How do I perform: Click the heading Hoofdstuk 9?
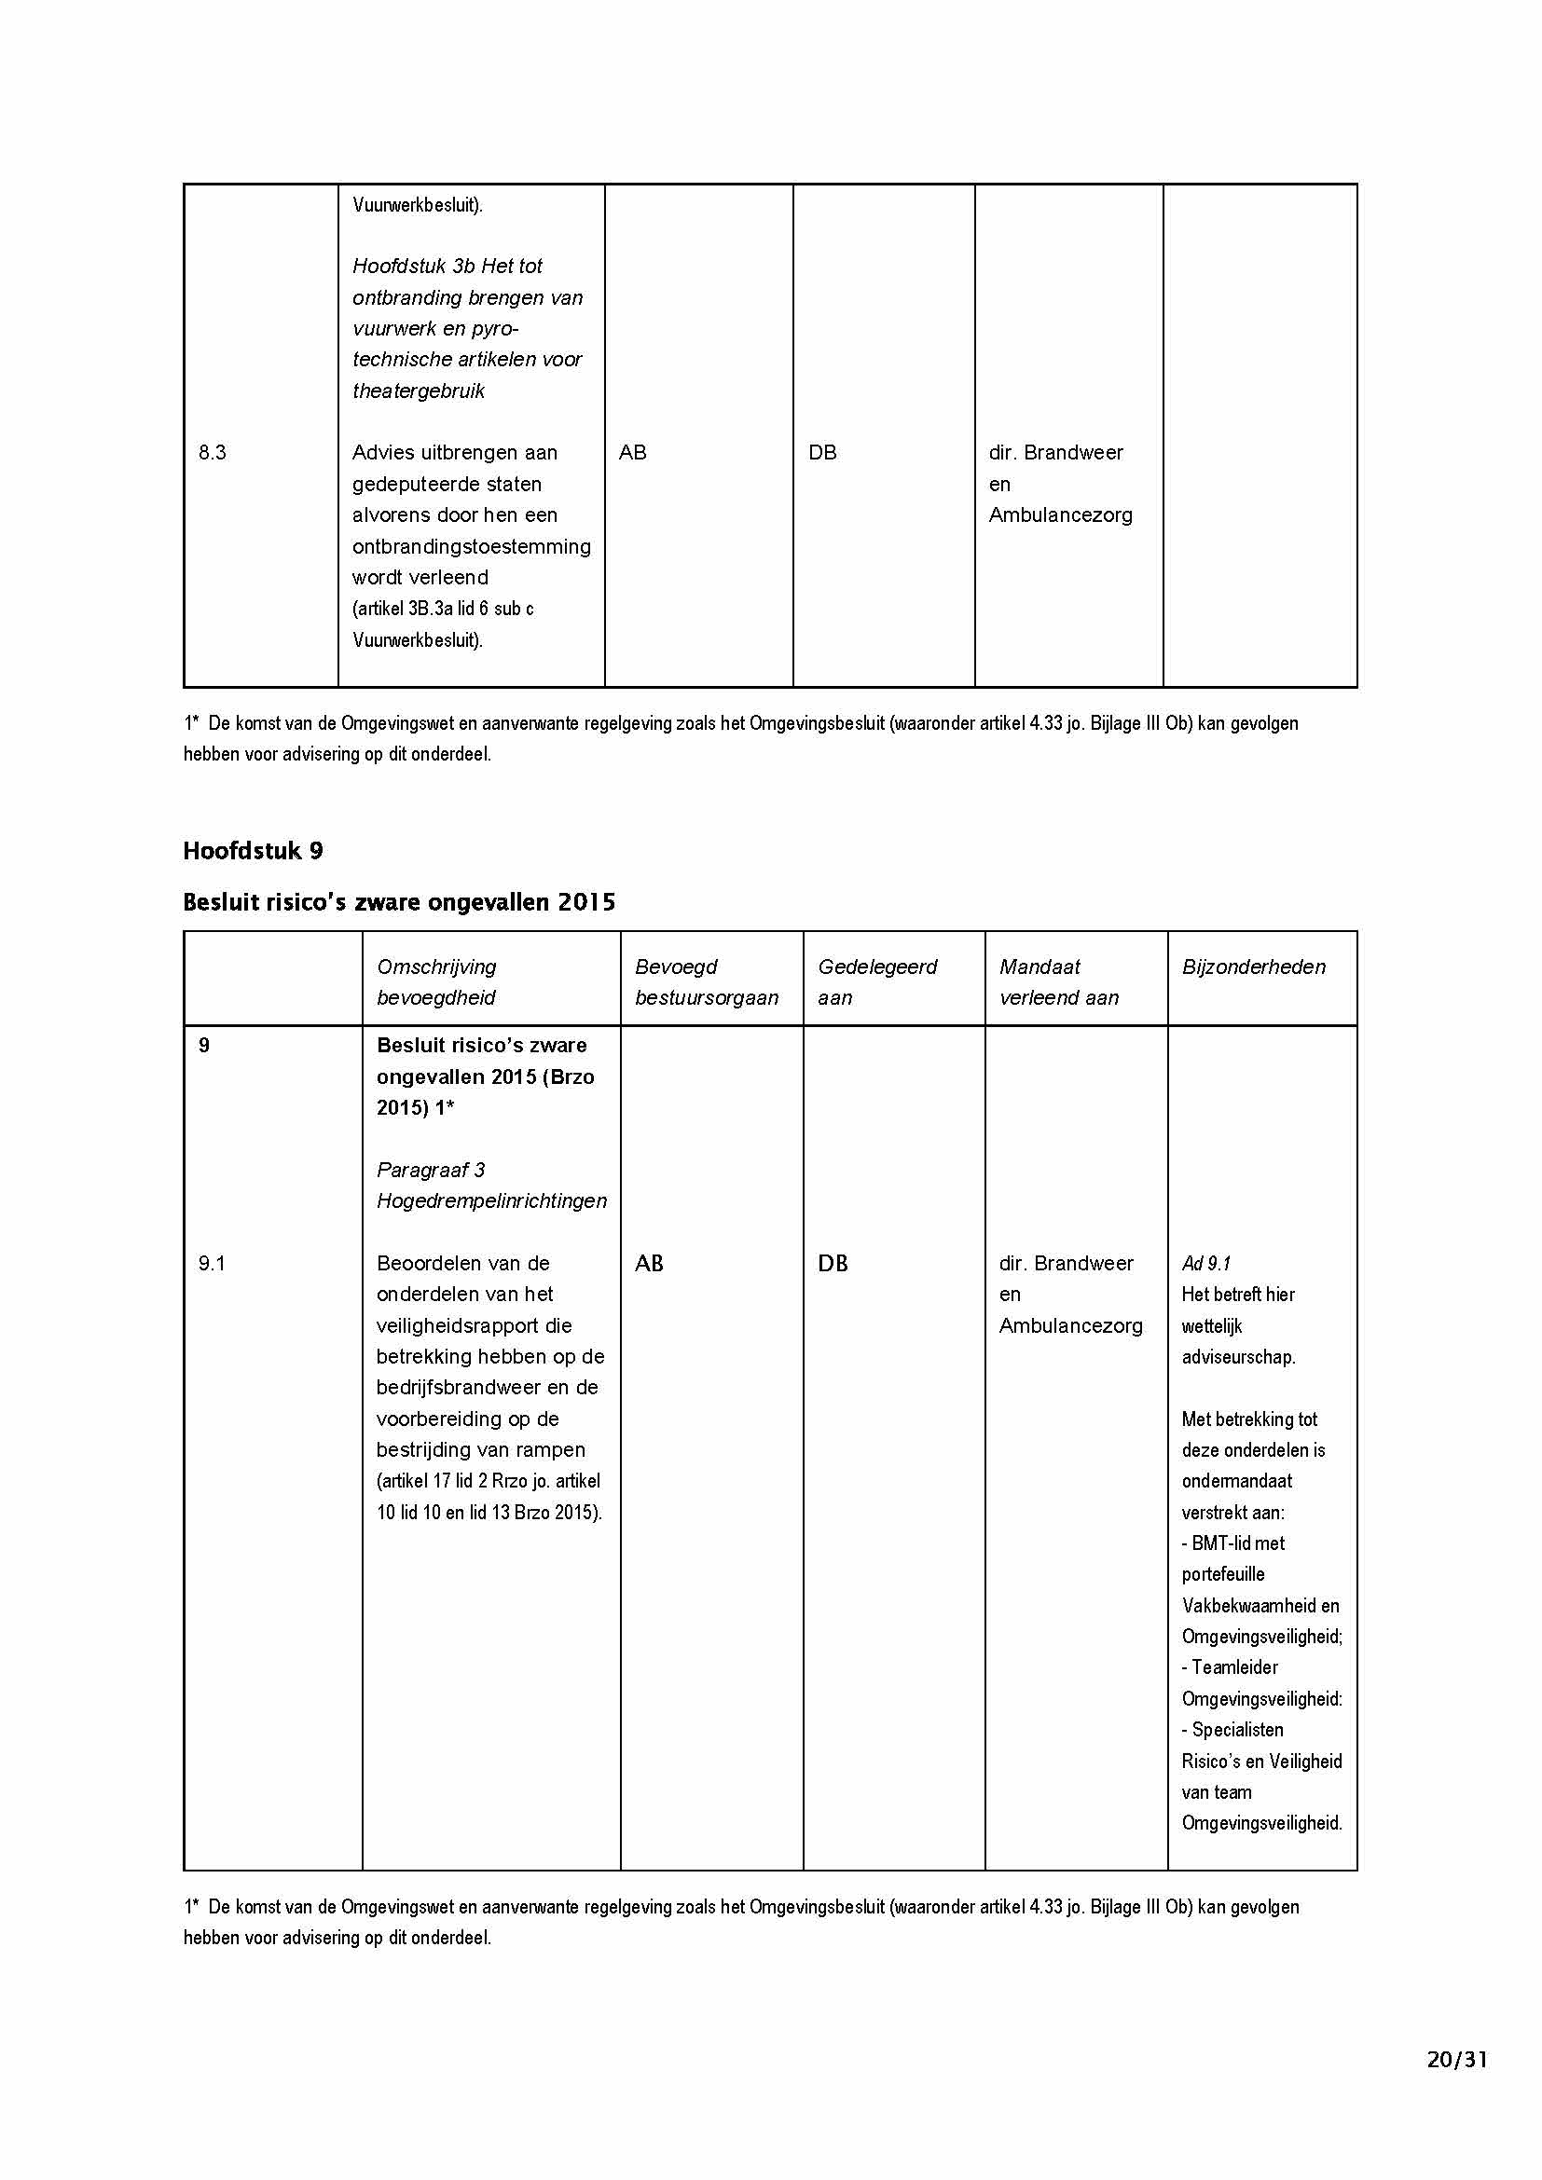click(253, 851)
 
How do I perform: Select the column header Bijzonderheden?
click(1253, 967)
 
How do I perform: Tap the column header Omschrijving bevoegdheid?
click(435, 981)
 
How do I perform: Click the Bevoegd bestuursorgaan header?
click(707, 981)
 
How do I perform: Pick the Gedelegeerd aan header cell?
click(876, 981)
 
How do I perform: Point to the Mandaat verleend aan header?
click(1059, 981)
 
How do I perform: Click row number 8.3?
click(213, 453)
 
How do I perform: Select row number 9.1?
click(212, 1264)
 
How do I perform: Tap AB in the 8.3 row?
click(632, 453)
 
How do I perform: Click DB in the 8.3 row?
click(822, 453)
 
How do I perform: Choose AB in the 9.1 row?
click(649, 1264)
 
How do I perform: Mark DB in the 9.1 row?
click(833, 1264)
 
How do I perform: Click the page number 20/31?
click(1456, 2086)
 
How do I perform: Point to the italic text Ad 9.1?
click(1205, 1264)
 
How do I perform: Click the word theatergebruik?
click(419, 391)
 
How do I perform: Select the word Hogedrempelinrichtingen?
click(492, 1201)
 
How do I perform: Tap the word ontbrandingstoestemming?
click(471, 547)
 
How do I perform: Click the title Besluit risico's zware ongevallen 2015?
click(399, 902)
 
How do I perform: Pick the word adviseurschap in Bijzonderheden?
click(1238, 1357)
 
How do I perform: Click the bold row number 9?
click(204, 1046)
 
